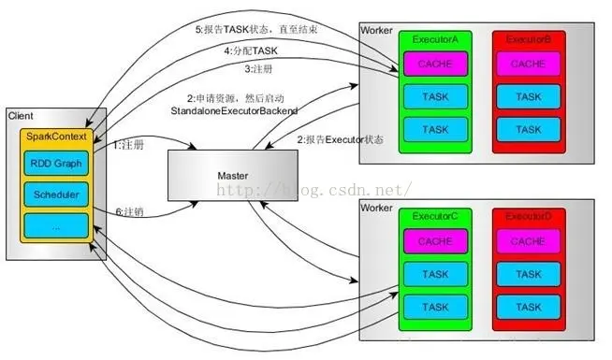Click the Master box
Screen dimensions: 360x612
(x=231, y=176)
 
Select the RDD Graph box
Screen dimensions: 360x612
(x=57, y=164)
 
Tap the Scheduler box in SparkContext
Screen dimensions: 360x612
(x=57, y=194)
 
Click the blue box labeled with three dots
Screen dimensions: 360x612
(x=57, y=225)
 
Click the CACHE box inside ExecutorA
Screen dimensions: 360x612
(x=434, y=65)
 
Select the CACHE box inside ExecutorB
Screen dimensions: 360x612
(x=528, y=65)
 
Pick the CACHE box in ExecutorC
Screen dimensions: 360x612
(x=434, y=242)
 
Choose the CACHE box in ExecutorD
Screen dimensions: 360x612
(x=528, y=242)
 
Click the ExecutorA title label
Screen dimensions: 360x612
(x=434, y=40)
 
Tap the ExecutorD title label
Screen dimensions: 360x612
(x=528, y=217)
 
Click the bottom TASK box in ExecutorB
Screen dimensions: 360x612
(x=528, y=128)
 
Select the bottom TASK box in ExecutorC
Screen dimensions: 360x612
(x=434, y=306)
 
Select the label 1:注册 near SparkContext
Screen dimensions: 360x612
(x=128, y=145)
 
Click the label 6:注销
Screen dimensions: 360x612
(x=128, y=210)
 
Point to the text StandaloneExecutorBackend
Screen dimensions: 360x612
(x=235, y=111)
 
